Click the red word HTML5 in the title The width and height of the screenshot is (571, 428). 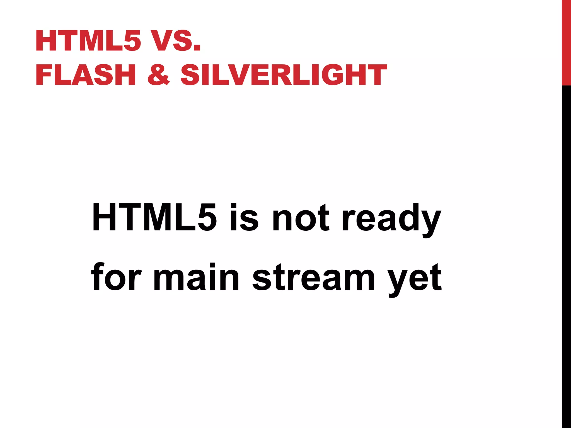tap(88, 41)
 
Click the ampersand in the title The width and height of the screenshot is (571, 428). tap(158, 75)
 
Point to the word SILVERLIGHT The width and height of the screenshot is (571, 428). tap(284, 75)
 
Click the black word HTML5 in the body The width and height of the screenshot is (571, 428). tap(154, 218)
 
